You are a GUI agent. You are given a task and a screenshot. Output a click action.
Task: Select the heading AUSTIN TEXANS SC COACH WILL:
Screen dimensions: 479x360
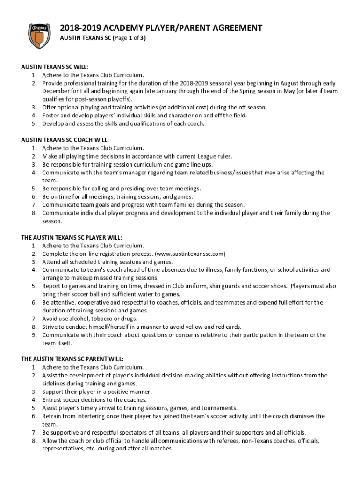(x=65, y=140)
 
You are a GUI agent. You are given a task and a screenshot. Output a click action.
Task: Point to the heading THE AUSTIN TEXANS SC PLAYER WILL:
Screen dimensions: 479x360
(x=72, y=237)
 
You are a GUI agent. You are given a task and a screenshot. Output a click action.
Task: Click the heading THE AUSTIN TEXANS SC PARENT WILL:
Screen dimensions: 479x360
(x=72, y=359)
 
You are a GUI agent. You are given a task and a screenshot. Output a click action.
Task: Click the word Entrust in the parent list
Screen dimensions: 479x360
(x=53, y=399)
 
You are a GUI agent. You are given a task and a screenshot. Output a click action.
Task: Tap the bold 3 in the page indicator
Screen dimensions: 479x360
(x=143, y=39)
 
